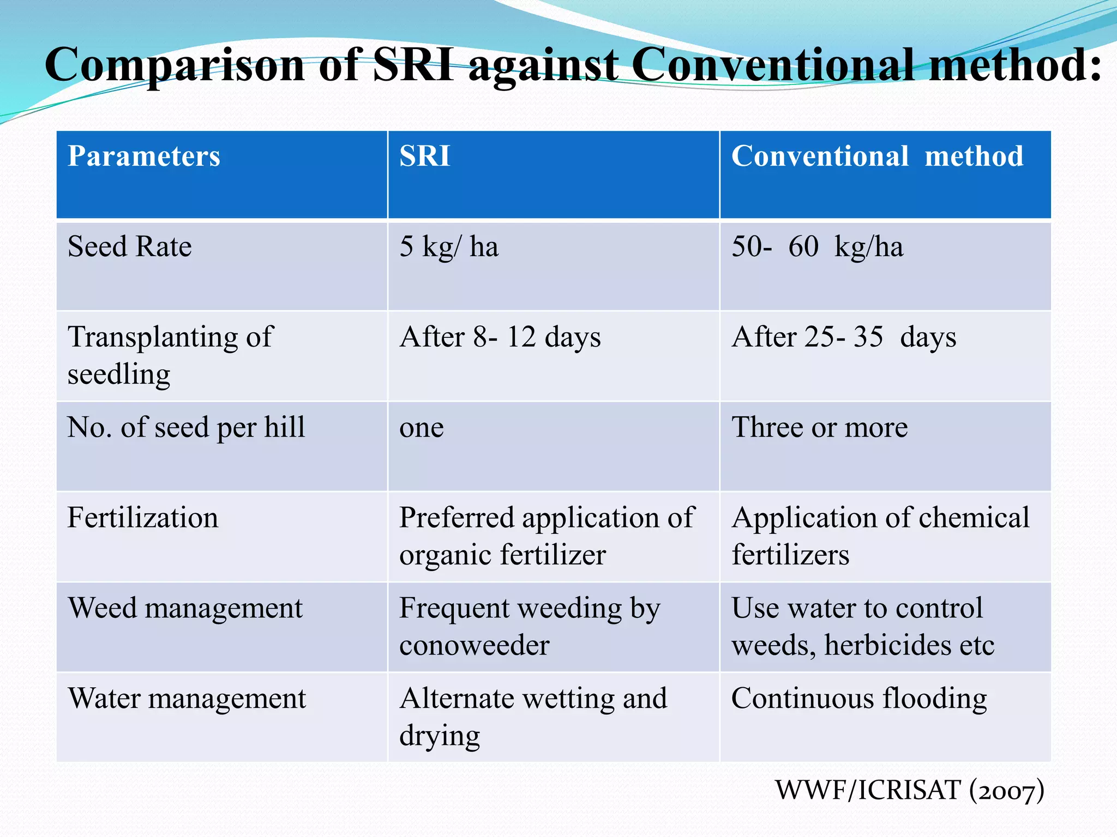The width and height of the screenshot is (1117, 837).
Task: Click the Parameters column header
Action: [144, 156]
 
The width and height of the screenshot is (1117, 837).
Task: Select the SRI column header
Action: [425, 156]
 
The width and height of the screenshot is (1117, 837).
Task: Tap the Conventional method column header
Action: [877, 156]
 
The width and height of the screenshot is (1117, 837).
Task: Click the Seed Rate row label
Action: [130, 246]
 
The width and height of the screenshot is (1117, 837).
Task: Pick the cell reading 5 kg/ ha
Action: [449, 246]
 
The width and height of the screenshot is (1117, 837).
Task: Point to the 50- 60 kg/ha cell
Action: [817, 246]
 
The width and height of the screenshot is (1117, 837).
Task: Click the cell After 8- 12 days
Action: [500, 337]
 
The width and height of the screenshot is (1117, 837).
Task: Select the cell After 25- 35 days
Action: [844, 337]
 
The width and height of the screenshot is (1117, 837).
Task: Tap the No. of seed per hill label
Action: [186, 427]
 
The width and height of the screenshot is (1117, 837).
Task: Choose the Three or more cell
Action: [819, 427]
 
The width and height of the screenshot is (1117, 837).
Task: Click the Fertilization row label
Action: [143, 518]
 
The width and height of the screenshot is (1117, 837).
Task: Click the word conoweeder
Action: [474, 646]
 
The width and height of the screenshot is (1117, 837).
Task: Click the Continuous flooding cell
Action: [859, 699]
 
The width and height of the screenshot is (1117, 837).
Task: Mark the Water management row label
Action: [187, 699]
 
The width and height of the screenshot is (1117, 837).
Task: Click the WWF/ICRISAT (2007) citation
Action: [910, 790]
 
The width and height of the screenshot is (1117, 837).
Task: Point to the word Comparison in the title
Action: [175, 65]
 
